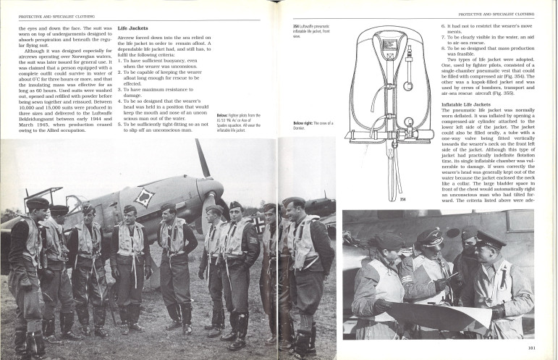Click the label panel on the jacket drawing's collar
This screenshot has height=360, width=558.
click(391, 46)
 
